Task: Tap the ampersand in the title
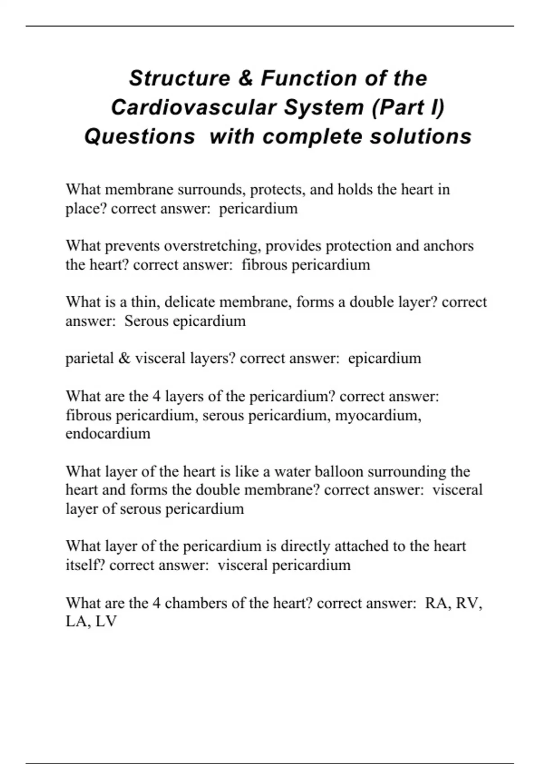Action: click(246, 78)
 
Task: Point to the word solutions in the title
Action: click(421, 137)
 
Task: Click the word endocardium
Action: click(108, 434)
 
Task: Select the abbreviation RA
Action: click(436, 603)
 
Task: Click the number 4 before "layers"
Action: click(157, 396)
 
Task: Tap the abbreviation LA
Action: click(76, 622)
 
